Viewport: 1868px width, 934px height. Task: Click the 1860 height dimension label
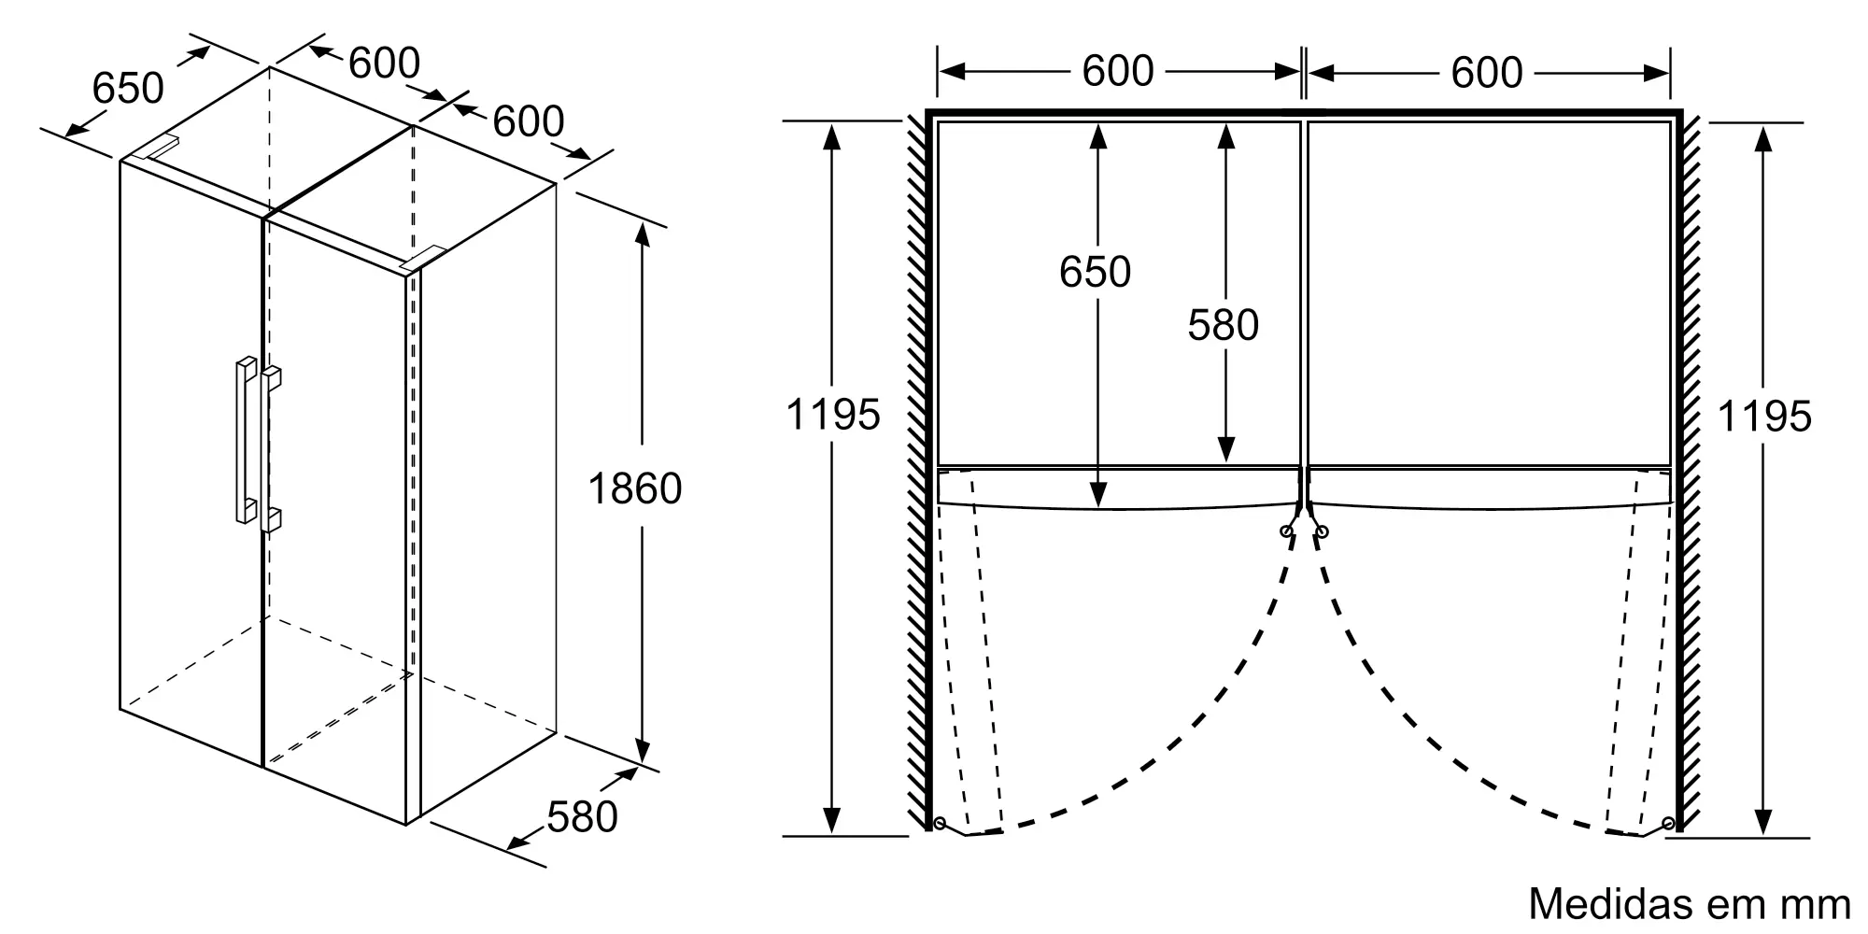(635, 488)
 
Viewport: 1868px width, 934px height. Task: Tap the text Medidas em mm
(1690, 903)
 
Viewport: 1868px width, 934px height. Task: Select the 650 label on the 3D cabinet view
(128, 88)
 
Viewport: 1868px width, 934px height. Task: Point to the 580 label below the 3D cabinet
(582, 817)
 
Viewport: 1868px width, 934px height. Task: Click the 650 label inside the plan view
(1095, 272)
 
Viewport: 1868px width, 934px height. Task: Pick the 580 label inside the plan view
(1224, 325)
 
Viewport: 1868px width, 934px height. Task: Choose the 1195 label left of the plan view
(833, 415)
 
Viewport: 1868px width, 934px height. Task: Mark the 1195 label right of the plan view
(1764, 417)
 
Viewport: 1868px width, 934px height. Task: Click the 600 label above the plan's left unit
(1118, 71)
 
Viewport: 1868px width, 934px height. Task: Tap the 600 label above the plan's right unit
(1487, 72)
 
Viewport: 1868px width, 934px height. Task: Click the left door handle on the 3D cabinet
(245, 439)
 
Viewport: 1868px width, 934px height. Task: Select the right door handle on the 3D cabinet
(271, 449)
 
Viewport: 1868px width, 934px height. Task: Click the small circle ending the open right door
(1668, 824)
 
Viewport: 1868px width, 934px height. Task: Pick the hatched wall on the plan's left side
(916, 472)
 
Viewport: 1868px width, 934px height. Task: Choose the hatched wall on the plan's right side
(1691, 472)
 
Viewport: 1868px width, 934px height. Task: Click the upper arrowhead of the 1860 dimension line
(642, 234)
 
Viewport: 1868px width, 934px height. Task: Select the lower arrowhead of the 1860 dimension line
(642, 751)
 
